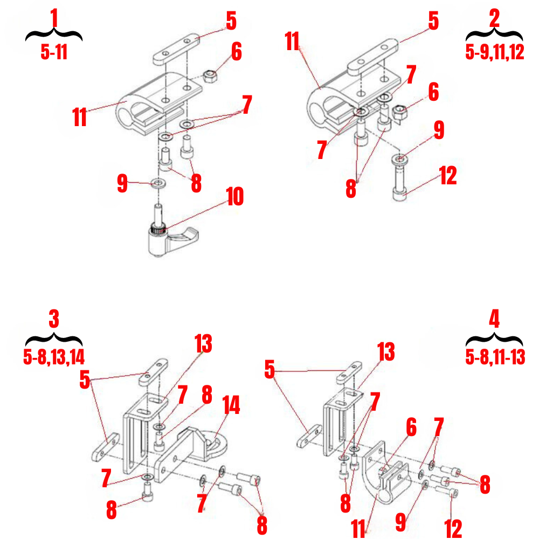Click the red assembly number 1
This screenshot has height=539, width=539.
[x=53, y=18]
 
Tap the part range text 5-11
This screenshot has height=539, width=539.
[x=54, y=52]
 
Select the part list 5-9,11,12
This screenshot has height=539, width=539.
[x=494, y=52]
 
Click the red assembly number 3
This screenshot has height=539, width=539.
[x=53, y=319]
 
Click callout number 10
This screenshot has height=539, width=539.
[x=234, y=197]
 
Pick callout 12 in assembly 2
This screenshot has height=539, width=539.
[x=448, y=176]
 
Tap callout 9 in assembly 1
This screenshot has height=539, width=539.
[x=122, y=183]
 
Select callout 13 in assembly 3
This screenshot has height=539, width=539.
[x=203, y=344]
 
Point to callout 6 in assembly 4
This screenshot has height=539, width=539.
[x=411, y=428]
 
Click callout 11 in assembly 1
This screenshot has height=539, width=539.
[x=79, y=117]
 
